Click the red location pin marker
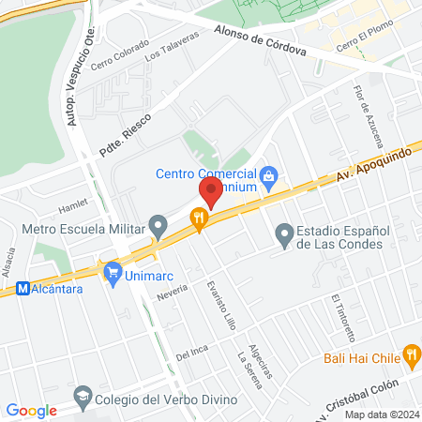209,193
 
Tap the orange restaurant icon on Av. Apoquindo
198,219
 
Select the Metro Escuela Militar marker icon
159,226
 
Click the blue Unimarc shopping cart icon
113,272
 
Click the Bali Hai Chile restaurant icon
411,354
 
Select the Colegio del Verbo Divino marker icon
82,394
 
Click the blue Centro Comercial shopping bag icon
269,173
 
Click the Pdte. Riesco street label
125,133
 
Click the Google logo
32,410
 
